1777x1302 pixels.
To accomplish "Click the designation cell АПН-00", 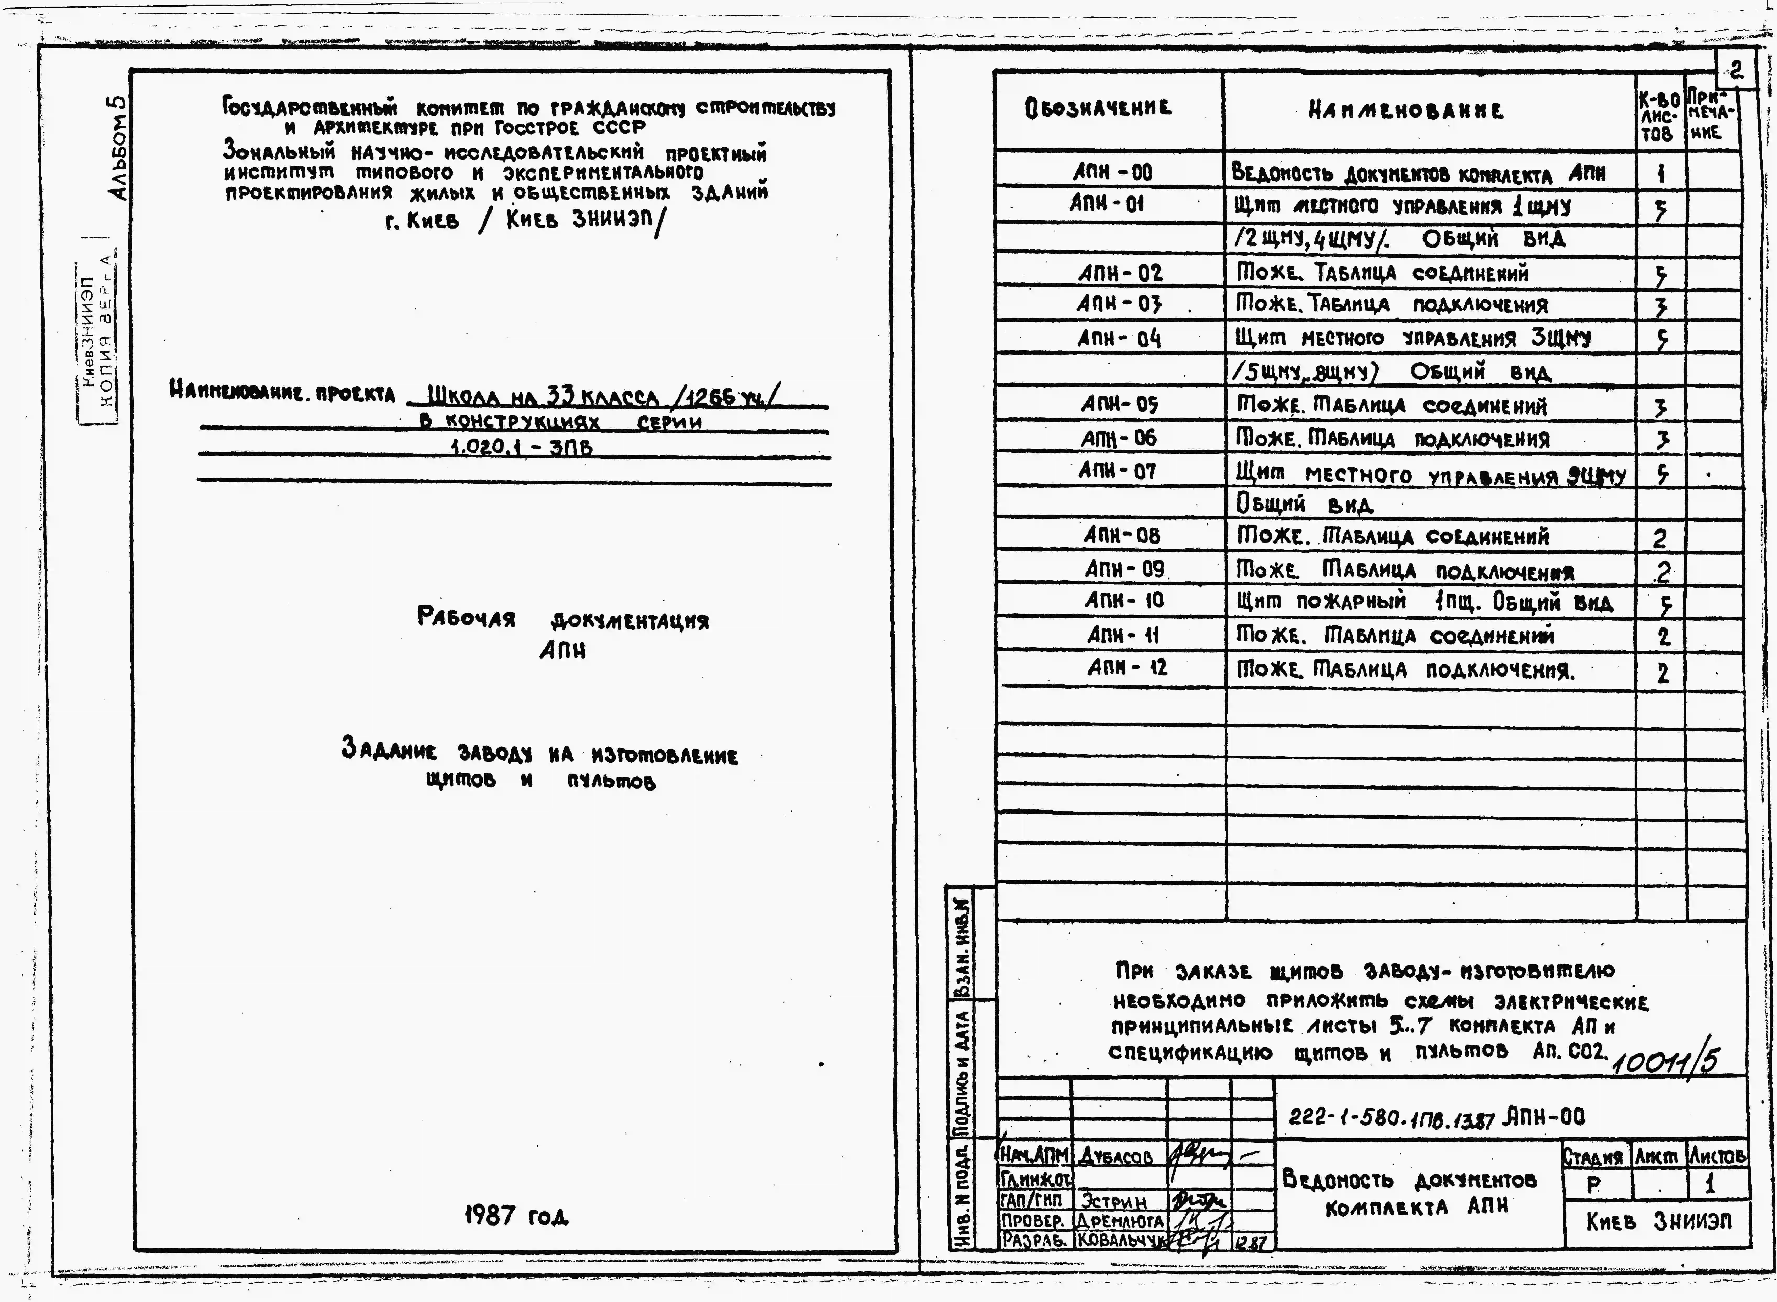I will click(1112, 172).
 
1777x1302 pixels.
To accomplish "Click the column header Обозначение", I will click(1097, 109).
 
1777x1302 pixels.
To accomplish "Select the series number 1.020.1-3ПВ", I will click(521, 448).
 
